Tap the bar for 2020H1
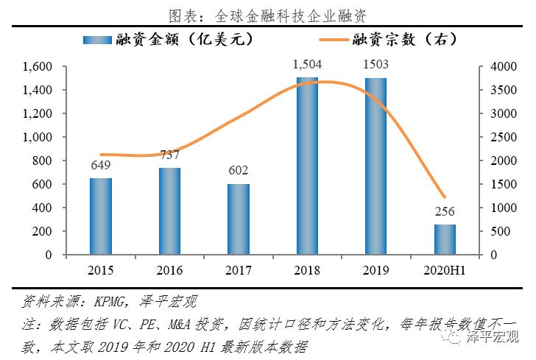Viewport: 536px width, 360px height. click(x=445, y=239)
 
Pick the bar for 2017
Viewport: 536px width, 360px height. click(x=239, y=219)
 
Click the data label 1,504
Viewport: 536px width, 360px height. click(x=307, y=66)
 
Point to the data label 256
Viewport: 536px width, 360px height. click(x=445, y=213)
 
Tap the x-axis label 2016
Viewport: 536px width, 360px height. click(x=169, y=270)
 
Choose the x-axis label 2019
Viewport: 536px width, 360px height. click(x=376, y=270)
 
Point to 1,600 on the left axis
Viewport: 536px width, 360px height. click(x=37, y=67)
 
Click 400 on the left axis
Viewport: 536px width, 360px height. click(x=43, y=208)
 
